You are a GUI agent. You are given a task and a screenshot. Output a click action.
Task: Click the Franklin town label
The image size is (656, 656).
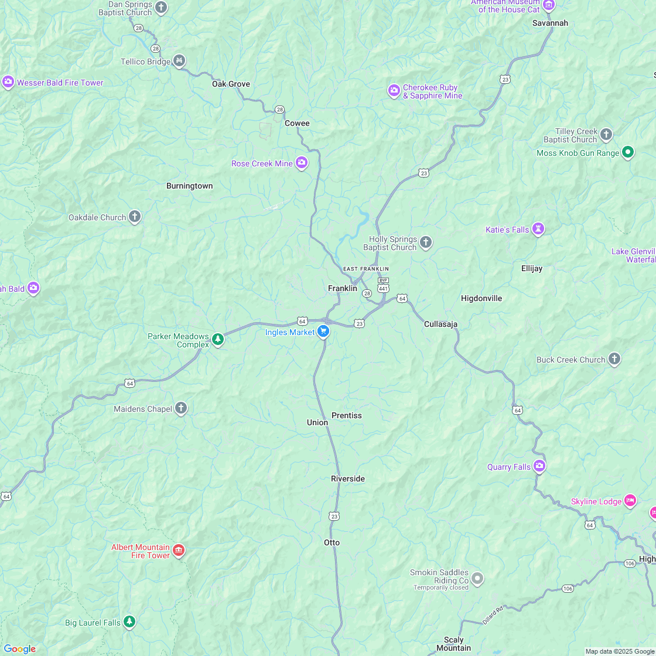tap(342, 288)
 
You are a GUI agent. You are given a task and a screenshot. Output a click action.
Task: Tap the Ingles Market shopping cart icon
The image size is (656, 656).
tap(323, 332)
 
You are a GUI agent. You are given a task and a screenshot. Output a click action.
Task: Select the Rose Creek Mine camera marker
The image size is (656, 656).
tap(302, 163)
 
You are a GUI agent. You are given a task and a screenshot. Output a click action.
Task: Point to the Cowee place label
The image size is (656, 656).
tap(297, 123)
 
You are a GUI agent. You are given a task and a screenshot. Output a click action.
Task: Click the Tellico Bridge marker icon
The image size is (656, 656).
tap(179, 61)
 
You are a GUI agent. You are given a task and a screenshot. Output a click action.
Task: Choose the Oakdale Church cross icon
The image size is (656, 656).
tap(135, 217)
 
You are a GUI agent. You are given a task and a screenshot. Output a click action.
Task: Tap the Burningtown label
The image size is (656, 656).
tap(189, 186)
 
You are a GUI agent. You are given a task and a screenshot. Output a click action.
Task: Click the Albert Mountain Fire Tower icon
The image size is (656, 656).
tap(179, 551)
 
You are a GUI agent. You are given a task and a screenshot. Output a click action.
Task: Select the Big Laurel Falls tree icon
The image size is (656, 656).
tap(129, 622)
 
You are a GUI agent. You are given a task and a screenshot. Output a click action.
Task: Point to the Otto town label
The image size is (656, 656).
tap(332, 542)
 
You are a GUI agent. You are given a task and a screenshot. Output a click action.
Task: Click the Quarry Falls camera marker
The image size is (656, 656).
tap(539, 466)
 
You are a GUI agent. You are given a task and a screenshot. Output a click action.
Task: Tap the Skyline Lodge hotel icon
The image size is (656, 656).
tap(630, 501)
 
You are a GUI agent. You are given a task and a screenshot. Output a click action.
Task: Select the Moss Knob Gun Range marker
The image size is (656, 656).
tap(627, 152)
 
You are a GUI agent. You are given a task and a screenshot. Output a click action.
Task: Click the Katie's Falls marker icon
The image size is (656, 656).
tap(538, 229)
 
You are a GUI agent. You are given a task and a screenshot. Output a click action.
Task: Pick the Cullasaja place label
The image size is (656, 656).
tap(440, 324)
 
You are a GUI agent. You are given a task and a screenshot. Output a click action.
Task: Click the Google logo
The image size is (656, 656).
tap(19, 648)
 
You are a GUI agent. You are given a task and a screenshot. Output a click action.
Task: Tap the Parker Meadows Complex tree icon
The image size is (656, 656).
tap(218, 340)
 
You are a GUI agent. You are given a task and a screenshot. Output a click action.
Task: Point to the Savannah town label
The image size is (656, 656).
tap(550, 23)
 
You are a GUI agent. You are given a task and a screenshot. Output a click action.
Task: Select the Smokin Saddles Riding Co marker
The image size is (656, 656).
tap(477, 579)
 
